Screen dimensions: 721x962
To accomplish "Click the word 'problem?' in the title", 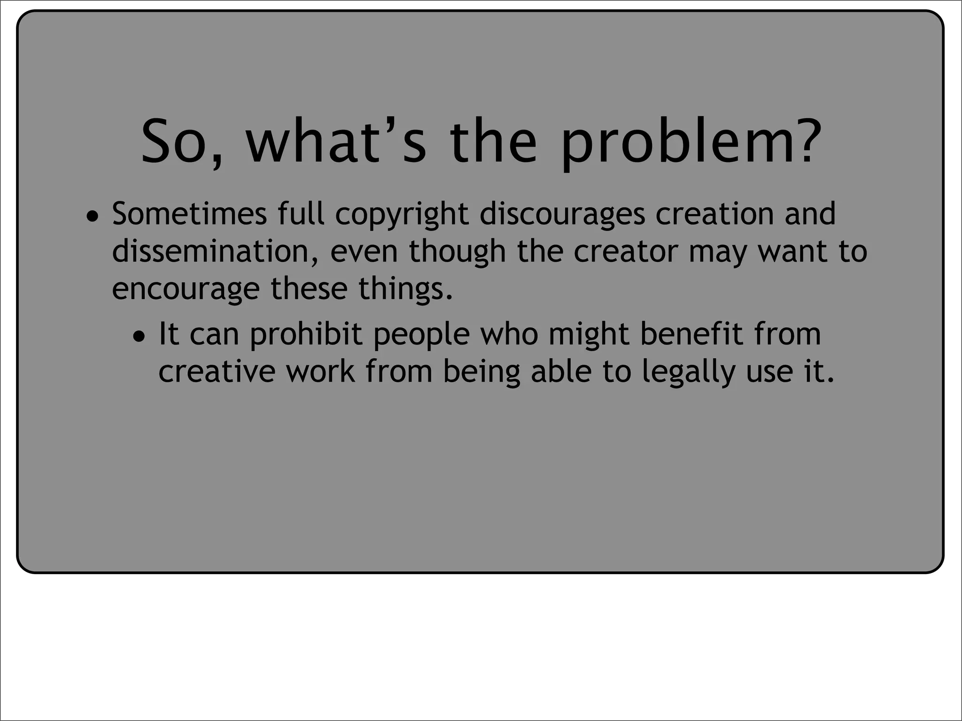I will click(690, 142).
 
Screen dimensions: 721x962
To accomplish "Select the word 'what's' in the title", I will click(336, 142).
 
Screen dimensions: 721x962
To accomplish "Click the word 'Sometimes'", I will click(189, 214).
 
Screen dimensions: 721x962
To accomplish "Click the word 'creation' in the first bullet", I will click(714, 214).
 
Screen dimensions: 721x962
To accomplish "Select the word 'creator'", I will click(626, 252).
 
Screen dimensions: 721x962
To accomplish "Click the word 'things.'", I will click(406, 289).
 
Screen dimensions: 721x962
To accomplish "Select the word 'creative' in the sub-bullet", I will click(217, 372).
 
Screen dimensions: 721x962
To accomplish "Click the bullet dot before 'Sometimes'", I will click(93, 217).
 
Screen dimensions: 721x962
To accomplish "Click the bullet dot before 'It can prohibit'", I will click(140, 337).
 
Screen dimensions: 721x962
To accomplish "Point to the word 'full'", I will click(301, 214).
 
